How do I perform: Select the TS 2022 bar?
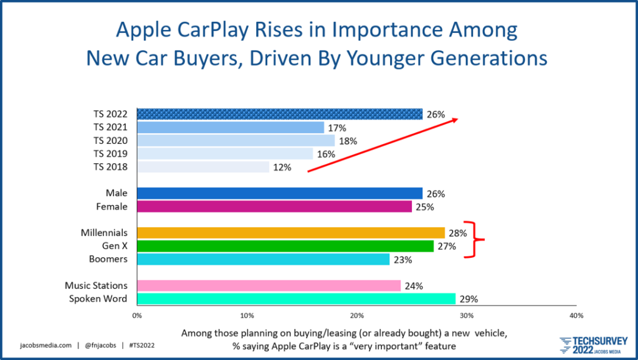(x=279, y=114)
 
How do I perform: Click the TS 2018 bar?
(x=202, y=167)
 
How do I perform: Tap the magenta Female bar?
(x=274, y=206)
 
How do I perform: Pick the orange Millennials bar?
(x=290, y=233)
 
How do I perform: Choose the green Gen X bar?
(x=285, y=246)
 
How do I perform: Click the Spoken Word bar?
(x=296, y=299)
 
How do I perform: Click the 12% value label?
(x=282, y=167)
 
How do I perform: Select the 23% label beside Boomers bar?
(x=402, y=260)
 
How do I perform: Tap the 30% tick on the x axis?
(x=467, y=316)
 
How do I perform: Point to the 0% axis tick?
(x=137, y=316)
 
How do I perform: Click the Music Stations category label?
(x=96, y=286)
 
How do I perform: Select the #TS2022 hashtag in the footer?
(x=142, y=344)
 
